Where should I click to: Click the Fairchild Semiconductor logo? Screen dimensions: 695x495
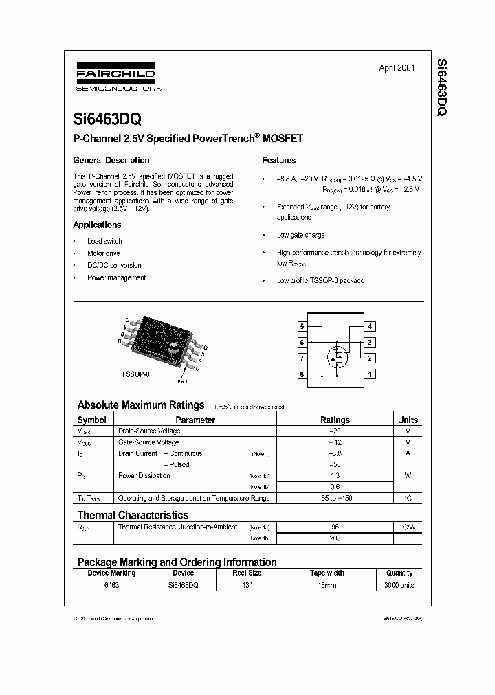pyautogui.click(x=114, y=78)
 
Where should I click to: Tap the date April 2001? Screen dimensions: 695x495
pyautogui.click(x=397, y=68)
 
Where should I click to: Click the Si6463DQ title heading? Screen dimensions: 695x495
pyautogui.click(x=107, y=119)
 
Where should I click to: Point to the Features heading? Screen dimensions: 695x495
pyautogui.click(x=279, y=161)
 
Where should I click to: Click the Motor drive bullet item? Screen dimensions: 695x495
pyautogui.click(x=103, y=253)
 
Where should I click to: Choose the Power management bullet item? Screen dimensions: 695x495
pyautogui.click(x=116, y=277)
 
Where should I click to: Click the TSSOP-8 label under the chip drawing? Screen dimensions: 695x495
pyautogui.click(x=135, y=374)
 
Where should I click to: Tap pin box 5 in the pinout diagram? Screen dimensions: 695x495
pyautogui.click(x=302, y=327)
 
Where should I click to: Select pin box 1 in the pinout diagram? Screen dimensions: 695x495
pyautogui.click(x=370, y=374)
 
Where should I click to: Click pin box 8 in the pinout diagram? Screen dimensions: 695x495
pyautogui.click(x=302, y=374)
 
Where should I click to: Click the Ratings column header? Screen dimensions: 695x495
pyautogui.click(x=335, y=420)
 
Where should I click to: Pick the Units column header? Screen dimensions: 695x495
pyautogui.click(x=408, y=420)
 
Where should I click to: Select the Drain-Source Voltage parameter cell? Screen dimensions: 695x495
pyautogui.click(x=149, y=431)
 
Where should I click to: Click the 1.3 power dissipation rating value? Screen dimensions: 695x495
pyautogui.click(x=335, y=475)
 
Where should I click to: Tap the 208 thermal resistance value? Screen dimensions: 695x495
pyautogui.click(x=335, y=538)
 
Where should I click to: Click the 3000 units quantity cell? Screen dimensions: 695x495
pyautogui.click(x=399, y=585)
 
